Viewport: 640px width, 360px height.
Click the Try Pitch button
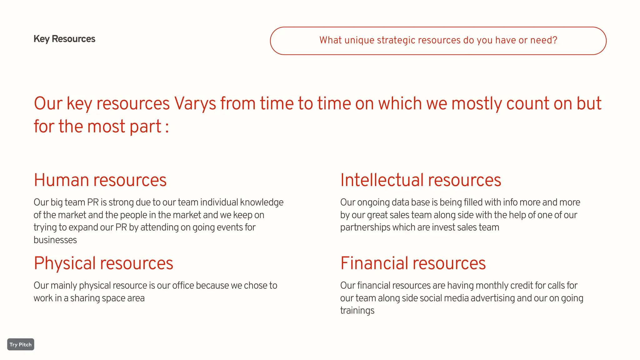coord(21,344)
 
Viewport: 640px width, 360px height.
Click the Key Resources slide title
coord(64,39)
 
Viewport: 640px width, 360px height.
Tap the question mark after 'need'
coord(555,40)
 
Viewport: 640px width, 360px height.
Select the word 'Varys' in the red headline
coord(195,103)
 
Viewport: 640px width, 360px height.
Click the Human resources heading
coord(100,180)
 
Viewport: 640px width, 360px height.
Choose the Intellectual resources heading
coord(421,180)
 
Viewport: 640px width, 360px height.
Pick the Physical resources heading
coord(103,263)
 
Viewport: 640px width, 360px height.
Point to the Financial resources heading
coord(413,263)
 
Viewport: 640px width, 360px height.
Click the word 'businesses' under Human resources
coord(55,240)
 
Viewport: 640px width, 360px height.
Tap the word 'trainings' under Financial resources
coord(357,311)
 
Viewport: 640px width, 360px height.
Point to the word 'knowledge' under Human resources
coord(262,202)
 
